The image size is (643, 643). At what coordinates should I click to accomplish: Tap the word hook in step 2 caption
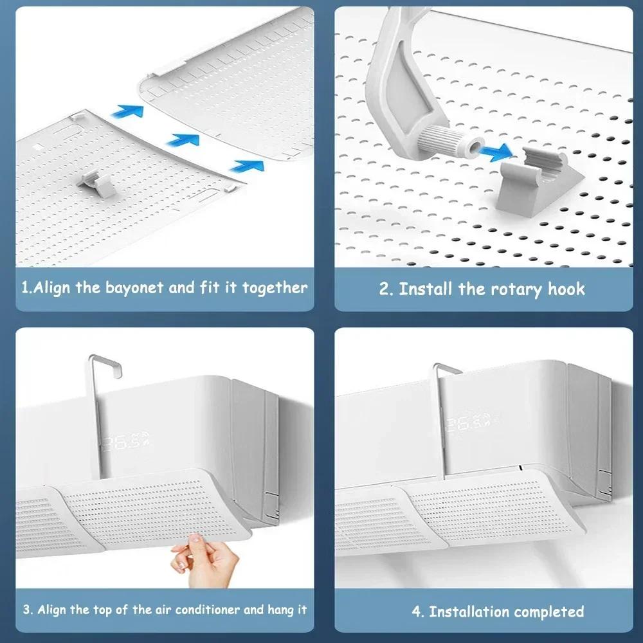tap(566, 289)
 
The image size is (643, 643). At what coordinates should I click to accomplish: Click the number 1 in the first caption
tap(24, 287)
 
